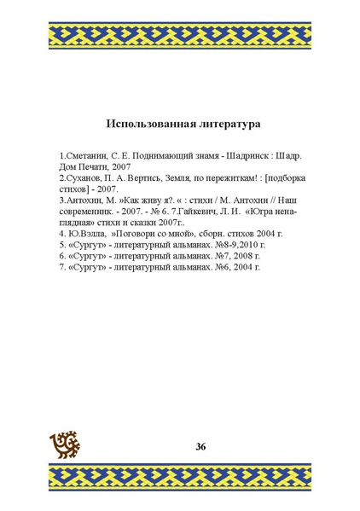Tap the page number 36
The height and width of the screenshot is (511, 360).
(x=200, y=446)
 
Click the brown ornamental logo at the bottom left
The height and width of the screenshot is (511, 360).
(x=67, y=444)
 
